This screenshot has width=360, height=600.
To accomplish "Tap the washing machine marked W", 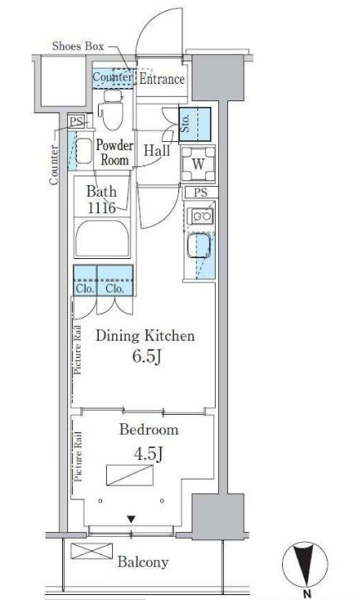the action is tap(198, 163).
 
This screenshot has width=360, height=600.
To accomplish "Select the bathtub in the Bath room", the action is tap(102, 239).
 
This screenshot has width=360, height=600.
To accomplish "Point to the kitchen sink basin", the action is tap(198, 246).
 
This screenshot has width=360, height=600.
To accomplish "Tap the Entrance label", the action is tap(162, 79).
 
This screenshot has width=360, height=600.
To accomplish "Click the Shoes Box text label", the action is tap(78, 46).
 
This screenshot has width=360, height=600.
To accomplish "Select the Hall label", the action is tap(157, 150).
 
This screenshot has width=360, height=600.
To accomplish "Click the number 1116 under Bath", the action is tap(101, 207).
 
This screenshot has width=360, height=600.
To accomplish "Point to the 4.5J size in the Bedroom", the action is tap(148, 454).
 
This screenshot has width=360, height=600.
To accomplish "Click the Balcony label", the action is tap(143, 562).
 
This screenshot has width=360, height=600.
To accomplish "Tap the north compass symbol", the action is tap(305, 565).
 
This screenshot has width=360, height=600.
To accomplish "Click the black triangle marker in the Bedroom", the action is tap(131, 520).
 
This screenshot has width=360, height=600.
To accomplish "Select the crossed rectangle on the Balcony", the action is tap(92, 551).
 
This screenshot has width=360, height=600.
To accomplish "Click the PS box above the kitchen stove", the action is tap(200, 192).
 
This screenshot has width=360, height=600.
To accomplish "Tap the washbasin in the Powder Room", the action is tap(84, 151).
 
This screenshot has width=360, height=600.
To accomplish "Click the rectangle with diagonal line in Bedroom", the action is tap(129, 476).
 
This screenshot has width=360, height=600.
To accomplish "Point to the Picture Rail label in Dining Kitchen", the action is tap(78, 349).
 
